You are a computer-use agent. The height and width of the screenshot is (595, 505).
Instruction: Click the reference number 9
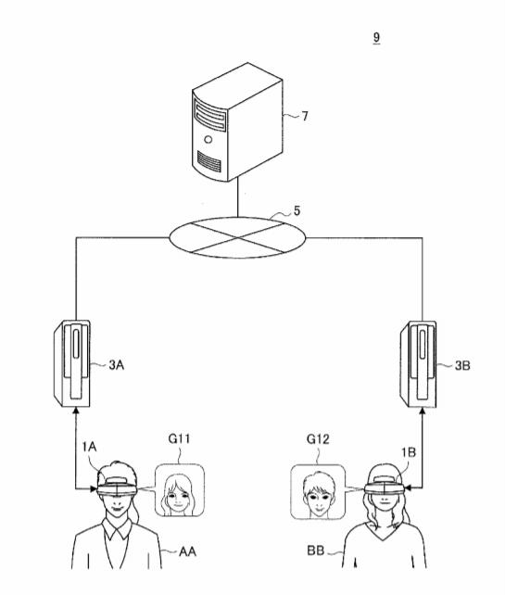click(x=376, y=37)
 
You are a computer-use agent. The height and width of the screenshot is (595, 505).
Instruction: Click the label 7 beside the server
click(x=305, y=116)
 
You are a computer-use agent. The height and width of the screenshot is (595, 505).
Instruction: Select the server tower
click(x=237, y=122)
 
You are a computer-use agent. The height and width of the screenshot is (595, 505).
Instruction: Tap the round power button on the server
click(x=208, y=140)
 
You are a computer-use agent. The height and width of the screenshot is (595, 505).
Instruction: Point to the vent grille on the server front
click(x=209, y=161)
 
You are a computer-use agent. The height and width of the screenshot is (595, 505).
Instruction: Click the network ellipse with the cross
click(x=237, y=237)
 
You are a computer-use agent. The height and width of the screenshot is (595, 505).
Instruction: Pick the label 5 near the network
click(x=297, y=211)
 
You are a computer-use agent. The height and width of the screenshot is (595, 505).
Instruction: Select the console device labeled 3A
click(x=71, y=363)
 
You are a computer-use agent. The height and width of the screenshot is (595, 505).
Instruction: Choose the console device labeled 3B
click(x=418, y=364)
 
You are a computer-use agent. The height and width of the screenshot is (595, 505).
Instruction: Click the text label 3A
click(x=117, y=365)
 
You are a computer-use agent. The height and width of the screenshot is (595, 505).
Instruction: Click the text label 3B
click(x=462, y=365)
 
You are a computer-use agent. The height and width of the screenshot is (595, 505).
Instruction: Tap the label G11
click(x=179, y=438)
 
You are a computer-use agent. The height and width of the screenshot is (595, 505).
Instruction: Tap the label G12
click(x=318, y=439)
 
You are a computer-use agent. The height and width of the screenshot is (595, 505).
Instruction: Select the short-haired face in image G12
click(x=319, y=495)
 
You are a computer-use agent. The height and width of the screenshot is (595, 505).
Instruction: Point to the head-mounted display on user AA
click(x=117, y=487)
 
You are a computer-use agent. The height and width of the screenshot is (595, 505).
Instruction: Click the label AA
click(x=187, y=551)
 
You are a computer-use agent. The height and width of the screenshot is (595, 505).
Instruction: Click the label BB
click(x=316, y=551)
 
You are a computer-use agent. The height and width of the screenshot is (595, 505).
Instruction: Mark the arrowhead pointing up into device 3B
click(x=423, y=411)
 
